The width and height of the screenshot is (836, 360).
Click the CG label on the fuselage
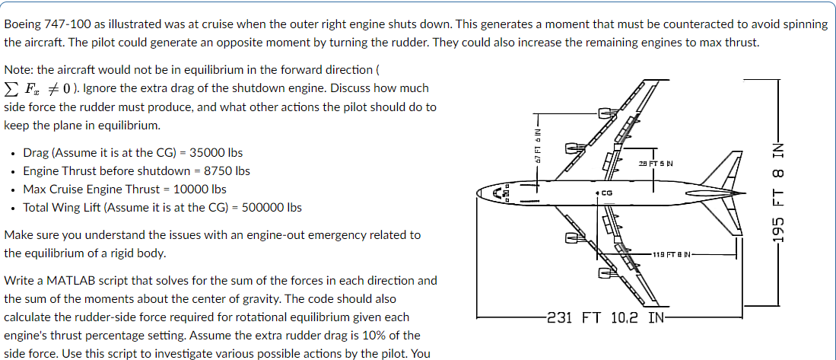[x=608, y=193]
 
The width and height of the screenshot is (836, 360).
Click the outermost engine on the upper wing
[x=607, y=114]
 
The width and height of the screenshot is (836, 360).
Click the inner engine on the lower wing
[x=572, y=239]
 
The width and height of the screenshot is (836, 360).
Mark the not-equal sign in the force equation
[x=54, y=88]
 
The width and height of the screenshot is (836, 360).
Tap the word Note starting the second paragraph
[x=18, y=70]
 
